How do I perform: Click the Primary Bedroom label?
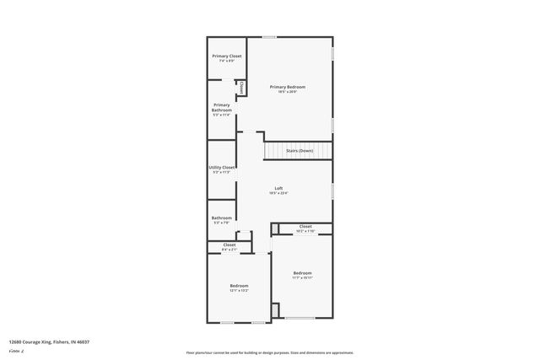pyautogui.click(x=287, y=87)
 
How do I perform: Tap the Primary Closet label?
pyautogui.click(x=226, y=56)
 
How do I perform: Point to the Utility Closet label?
pyautogui.click(x=222, y=167)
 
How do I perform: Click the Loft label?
pyautogui.click(x=278, y=188)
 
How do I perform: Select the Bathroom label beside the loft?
pyautogui.click(x=221, y=218)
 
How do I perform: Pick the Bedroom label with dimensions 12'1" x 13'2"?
pyautogui.click(x=239, y=286)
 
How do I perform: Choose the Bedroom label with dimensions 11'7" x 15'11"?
pyautogui.click(x=302, y=272)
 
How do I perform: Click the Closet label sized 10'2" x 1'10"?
pyautogui.click(x=305, y=226)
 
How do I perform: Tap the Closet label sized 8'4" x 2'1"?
pyautogui.click(x=229, y=244)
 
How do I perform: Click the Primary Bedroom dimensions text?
pyautogui.click(x=287, y=92)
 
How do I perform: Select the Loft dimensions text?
pyautogui.click(x=278, y=193)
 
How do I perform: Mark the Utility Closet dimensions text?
pyautogui.click(x=222, y=172)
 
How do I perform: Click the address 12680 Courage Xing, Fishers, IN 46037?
pyautogui.click(x=49, y=341)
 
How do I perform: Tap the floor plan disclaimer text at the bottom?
pyautogui.click(x=269, y=352)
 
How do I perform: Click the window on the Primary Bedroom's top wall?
pyautogui.click(x=269, y=36)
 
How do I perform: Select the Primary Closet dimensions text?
pyautogui.click(x=226, y=61)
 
